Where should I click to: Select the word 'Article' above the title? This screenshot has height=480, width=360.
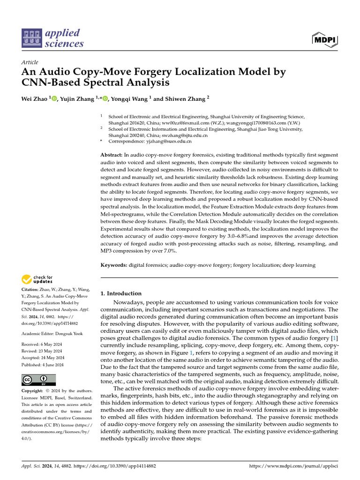pos(30,62)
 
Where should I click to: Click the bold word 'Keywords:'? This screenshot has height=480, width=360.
pos(114,265)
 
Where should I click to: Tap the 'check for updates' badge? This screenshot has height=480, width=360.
pos(37,280)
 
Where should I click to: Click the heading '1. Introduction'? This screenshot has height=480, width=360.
pos(121,293)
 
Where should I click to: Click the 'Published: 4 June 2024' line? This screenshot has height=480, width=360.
pos(44,365)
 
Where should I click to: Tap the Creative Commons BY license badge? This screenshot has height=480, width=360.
pos(39,380)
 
